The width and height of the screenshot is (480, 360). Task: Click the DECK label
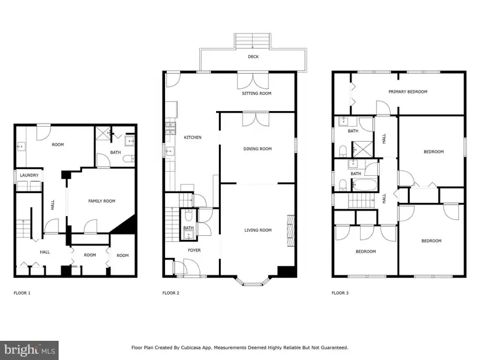tap(253, 56)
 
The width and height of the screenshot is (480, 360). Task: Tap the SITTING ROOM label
tap(257, 94)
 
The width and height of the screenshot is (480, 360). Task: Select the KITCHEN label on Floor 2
tap(193, 137)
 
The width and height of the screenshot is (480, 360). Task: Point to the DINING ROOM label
tap(257, 149)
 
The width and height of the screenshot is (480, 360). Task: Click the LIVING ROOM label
tap(258, 230)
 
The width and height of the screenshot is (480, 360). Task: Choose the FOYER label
tap(194, 250)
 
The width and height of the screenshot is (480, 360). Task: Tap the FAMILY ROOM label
tap(101, 201)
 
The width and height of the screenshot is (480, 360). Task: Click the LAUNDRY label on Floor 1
tap(29, 175)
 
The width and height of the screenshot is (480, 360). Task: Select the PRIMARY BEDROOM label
tap(408, 92)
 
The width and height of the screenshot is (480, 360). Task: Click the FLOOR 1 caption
tap(22, 293)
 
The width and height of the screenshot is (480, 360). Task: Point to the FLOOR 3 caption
tap(340, 293)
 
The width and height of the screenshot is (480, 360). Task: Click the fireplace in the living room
tap(290, 230)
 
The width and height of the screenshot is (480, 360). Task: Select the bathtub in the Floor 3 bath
tap(364, 185)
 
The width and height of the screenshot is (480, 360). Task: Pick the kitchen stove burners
tap(170, 128)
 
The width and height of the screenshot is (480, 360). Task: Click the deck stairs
tap(253, 41)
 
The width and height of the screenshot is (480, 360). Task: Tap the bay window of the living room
tap(253, 281)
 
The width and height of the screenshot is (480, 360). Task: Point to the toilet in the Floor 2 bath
tap(188, 217)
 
